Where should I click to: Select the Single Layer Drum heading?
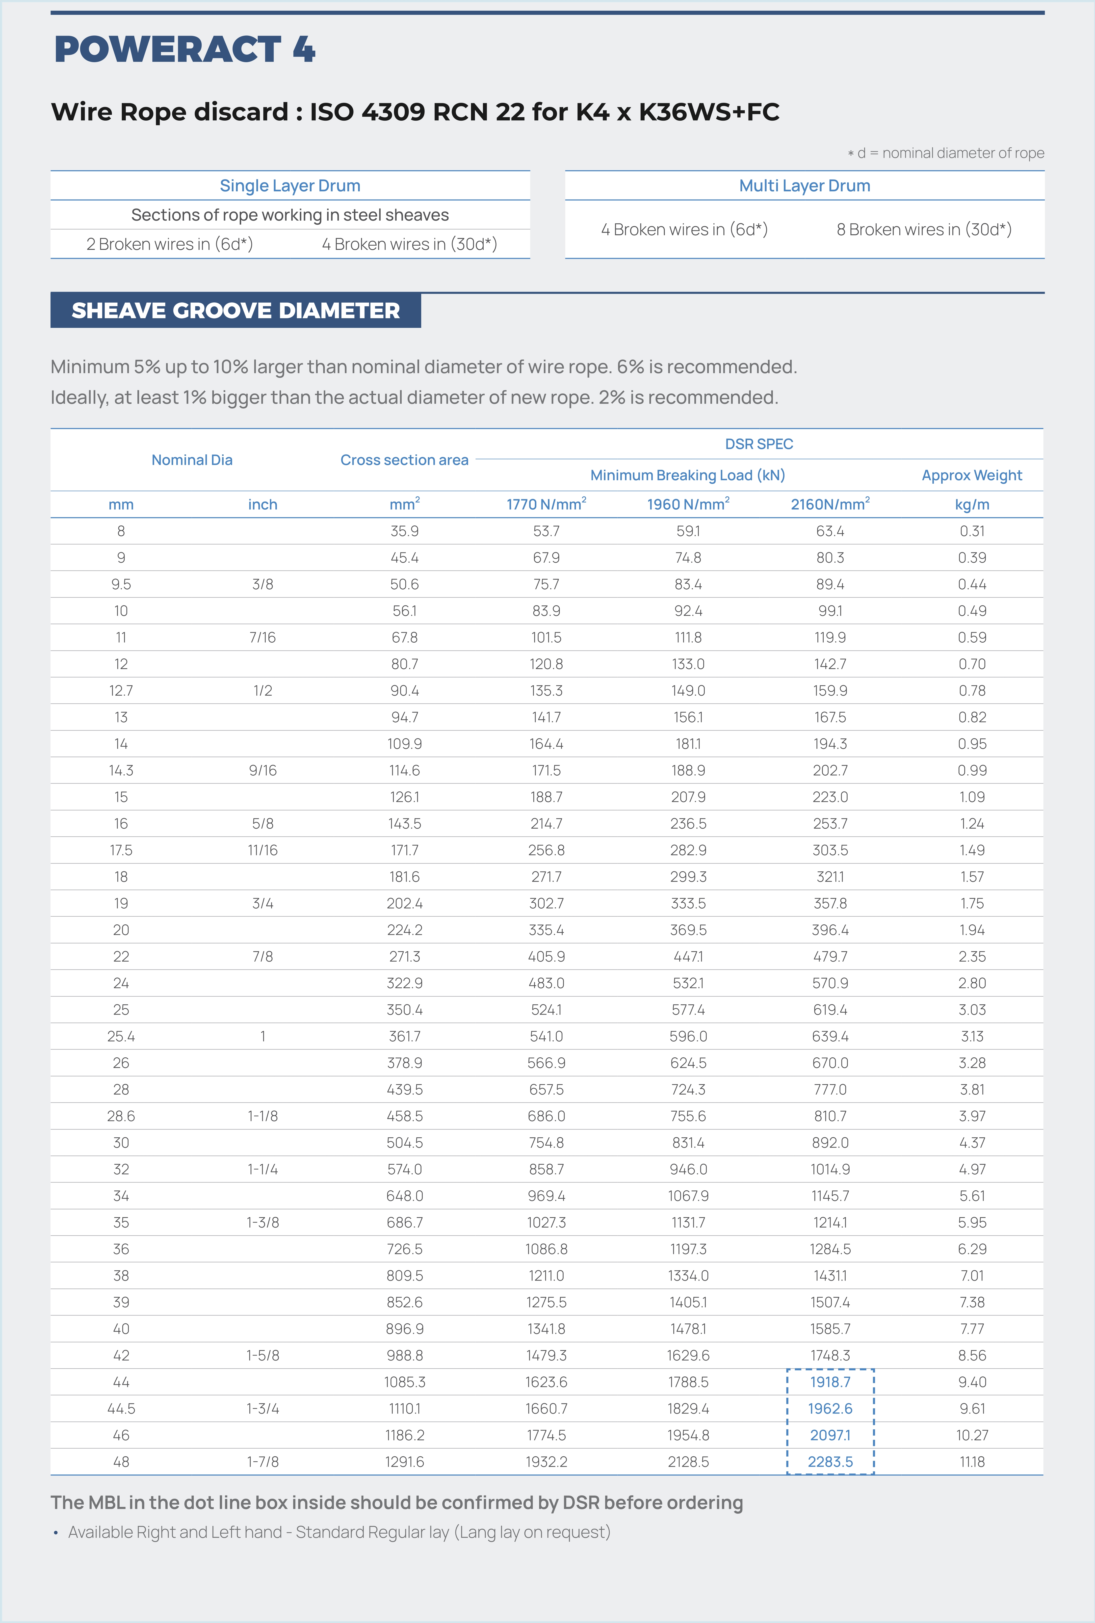(x=290, y=186)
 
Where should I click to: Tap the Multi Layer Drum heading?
(x=805, y=186)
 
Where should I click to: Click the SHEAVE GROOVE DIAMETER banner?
(x=235, y=311)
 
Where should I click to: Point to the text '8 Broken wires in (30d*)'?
(x=924, y=230)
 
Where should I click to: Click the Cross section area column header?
(x=404, y=460)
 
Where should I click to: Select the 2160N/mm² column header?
(x=830, y=504)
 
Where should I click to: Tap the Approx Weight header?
(x=971, y=476)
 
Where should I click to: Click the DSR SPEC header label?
(x=759, y=444)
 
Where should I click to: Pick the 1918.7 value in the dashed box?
(x=830, y=1382)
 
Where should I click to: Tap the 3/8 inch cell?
(x=262, y=584)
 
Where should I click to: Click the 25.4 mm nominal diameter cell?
(x=121, y=1036)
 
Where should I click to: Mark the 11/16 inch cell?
(x=262, y=851)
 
